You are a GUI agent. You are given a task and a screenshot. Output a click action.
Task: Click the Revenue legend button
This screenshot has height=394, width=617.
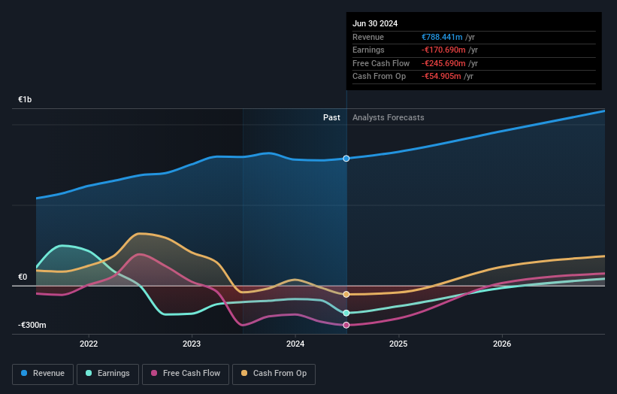click(x=43, y=373)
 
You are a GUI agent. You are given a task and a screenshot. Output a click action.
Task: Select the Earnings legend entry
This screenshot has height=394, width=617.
click(x=107, y=373)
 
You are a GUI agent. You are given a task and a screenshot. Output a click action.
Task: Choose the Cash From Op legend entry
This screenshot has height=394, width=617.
click(x=274, y=373)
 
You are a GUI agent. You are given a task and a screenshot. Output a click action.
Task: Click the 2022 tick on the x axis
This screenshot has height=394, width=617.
click(x=89, y=344)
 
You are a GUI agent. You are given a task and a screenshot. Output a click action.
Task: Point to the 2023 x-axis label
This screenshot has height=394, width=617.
click(x=192, y=344)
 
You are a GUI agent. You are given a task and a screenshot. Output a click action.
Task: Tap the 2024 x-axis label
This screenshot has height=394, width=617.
click(x=295, y=344)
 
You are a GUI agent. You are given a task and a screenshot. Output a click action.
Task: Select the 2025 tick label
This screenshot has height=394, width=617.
click(x=398, y=344)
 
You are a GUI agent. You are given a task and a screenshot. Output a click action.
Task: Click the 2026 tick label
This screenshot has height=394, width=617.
click(x=502, y=344)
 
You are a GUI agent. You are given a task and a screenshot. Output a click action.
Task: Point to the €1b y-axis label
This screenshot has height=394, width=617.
click(x=26, y=100)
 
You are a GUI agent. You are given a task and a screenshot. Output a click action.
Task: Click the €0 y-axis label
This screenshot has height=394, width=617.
click(x=23, y=277)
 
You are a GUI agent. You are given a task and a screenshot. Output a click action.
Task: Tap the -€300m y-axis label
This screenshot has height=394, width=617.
click(x=32, y=325)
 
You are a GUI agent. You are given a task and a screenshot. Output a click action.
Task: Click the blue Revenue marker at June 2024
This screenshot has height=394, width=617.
click(x=346, y=159)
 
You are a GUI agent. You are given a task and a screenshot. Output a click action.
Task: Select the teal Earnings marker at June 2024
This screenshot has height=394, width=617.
click(x=346, y=313)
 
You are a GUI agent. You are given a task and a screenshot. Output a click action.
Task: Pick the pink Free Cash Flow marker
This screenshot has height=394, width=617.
click(x=346, y=325)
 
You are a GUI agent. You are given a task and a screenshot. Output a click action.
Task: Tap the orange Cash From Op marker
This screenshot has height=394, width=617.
click(x=346, y=294)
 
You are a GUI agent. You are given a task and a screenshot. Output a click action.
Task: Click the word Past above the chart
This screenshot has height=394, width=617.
click(x=331, y=117)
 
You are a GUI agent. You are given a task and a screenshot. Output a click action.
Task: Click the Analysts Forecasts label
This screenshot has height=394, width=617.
click(x=388, y=117)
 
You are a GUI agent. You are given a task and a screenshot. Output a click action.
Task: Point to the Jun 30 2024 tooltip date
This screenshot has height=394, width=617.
click(x=376, y=23)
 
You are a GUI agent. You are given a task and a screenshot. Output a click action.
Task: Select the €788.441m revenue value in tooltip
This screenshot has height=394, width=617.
click(x=443, y=37)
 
